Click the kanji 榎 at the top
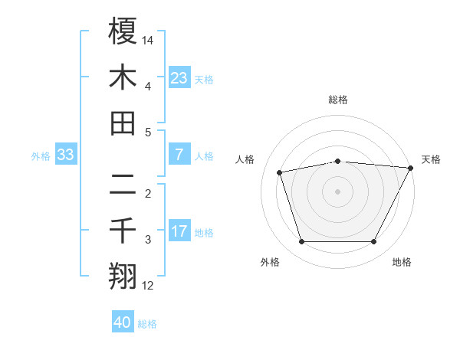click(x=123, y=31)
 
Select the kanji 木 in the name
click(x=123, y=78)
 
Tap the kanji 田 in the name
click(x=123, y=123)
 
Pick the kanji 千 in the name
click(x=123, y=231)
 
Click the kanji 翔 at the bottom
click(x=123, y=277)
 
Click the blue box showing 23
click(x=179, y=77)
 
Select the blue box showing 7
click(x=179, y=154)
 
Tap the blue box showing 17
click(x=179, y=231)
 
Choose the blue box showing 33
click(x=66, y=155)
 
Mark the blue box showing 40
click(x=123, y=322)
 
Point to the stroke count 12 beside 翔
click(x=149, y=286)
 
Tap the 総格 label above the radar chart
click(x=338, y=100)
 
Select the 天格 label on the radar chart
click(x=431, y=159)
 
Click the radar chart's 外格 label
click(x=270, y=262)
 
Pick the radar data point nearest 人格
click(x=280, y=172)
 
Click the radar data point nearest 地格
click(x=374, y=242)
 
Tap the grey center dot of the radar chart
click(x=338, y=191)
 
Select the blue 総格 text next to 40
click(x=147, y=324)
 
